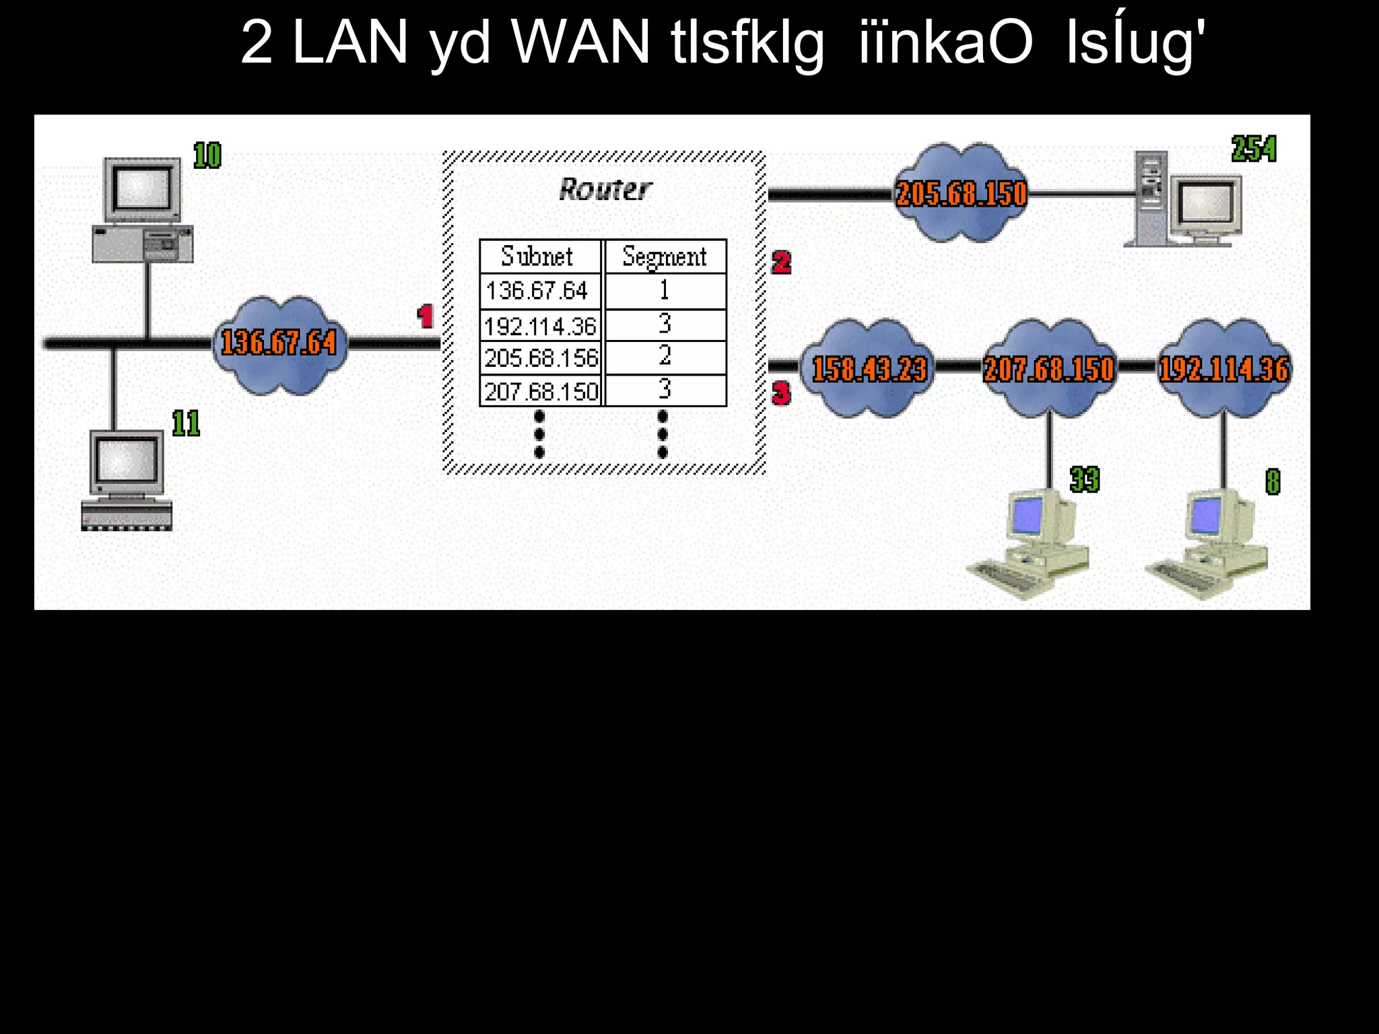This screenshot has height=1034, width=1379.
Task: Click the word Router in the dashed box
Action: pyautogui.click(x=605, y=190)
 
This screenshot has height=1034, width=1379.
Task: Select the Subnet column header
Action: pyautogui.click(x=537, y=256)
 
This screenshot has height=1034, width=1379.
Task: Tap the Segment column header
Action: pyautogui.click(x=665, y=256)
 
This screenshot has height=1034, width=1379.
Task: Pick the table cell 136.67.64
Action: pyautogui.click(x=537, y=291)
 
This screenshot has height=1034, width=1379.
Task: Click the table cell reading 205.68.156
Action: pyautogui.click(x=541, y=358)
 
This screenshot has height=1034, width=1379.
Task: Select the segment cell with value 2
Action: pyautogui.click(x=665, y=356)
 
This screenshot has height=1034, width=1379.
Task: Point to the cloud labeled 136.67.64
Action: pyautogui.click(x=279, y=343)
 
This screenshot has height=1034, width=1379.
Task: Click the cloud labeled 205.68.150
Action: pyautogui.click(x=962, y=193)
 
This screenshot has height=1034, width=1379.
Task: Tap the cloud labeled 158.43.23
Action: pyautogui.click(x=869, y=369)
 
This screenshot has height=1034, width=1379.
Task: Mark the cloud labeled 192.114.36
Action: pyautogui.click(x=1223, y=369)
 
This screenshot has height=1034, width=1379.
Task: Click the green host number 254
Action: pyautogui.click(x=1254, y=149)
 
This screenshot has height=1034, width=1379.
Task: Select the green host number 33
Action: pyautogui.click(x=1084, y=479)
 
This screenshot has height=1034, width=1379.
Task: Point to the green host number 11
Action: pyautogui.click(x=186, y=423)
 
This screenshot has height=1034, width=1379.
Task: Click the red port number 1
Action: pyautogui.click(x=426, y=316)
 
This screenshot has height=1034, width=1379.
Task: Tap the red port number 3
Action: pyautogui.click(x=781, y=393)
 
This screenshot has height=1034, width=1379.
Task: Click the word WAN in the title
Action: pyautogui.click(x=580, y=42)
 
